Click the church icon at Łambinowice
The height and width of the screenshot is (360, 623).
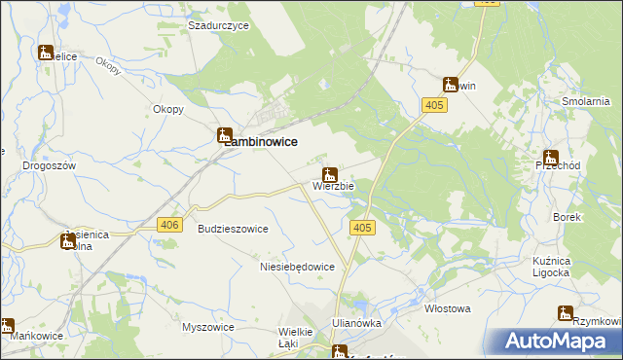click(225, 137)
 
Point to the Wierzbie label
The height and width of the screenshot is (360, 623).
click(334, 185)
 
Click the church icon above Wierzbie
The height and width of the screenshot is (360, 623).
click(330, 175)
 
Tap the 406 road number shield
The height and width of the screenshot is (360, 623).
click(169, 225)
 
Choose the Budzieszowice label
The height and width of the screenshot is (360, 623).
click(233, 229)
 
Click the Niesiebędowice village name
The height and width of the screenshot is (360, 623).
click(298, 267)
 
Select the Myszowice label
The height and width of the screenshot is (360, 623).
click(208, 327)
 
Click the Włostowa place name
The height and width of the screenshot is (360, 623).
click(448, 308)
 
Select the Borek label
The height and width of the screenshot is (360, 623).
click(567, 218)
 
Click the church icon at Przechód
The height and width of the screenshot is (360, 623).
click(551, 157)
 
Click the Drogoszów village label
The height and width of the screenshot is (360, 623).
click(50, 165)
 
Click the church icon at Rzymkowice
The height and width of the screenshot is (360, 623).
click(566, 313)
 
